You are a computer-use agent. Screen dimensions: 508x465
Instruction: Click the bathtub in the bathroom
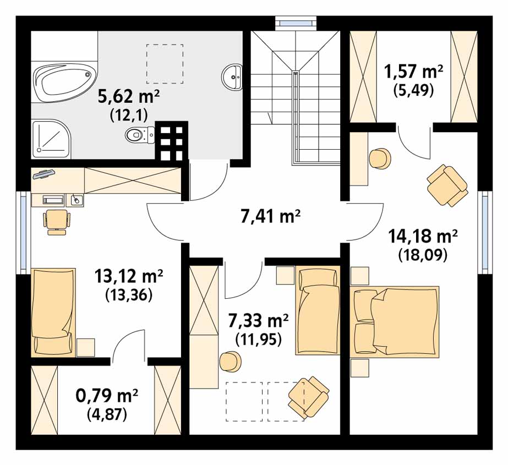point(65,81)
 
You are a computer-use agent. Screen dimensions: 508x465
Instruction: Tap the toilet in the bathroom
point(140,134)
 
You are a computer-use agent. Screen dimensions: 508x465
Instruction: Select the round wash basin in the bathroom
point(232,77)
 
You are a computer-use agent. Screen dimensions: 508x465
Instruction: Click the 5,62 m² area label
point(129,96)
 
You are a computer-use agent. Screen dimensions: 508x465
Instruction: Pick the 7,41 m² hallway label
point(271,216)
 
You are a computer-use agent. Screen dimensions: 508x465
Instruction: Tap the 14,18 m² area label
point(423,236)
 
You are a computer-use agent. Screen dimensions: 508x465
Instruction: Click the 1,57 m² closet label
point(413,72)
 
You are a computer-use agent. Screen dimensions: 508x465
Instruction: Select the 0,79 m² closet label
point(107,395)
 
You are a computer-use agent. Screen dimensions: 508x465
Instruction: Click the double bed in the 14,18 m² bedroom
point(395,322)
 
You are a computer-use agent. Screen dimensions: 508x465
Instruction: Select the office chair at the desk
point(56,222)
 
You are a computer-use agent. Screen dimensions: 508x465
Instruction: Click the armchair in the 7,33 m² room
point(308,397)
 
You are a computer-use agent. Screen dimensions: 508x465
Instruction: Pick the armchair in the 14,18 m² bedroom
point(447,185)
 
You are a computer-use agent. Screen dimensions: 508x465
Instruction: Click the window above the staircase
point(295,23)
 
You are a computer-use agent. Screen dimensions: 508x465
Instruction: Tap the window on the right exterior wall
point(485,232)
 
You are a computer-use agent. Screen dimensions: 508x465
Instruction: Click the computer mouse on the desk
point(76,200)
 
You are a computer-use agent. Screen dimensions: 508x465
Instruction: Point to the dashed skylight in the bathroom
point(165,64)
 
